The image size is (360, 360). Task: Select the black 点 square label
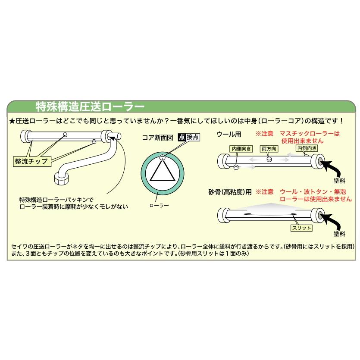point(182,138)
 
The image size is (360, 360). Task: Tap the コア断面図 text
point(158,138)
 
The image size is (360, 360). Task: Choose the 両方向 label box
point(269,148)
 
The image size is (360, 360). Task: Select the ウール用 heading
point(229,134)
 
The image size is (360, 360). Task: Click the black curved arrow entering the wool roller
point(335,166)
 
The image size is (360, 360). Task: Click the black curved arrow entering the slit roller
point(335,220)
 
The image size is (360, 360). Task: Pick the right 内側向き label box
point(306,148)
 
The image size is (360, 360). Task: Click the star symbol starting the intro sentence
point(12,121)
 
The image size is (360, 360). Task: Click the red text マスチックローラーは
point(310,134)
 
